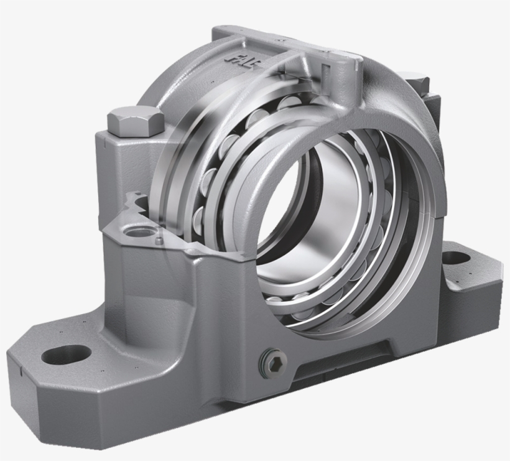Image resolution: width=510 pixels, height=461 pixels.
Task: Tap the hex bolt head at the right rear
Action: click(414, 83)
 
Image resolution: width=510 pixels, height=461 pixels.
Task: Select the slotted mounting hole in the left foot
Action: click(68, 354)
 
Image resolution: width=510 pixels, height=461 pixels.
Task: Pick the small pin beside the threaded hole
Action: click(160, 239)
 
